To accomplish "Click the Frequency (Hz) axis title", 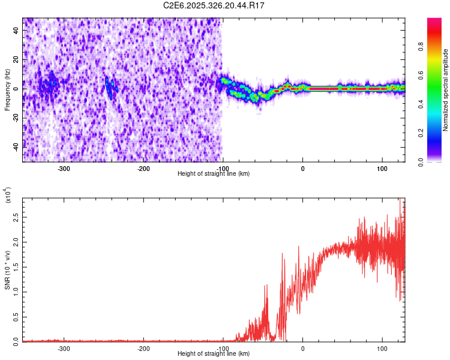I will [7, 90].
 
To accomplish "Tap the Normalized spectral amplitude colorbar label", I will [446, 90].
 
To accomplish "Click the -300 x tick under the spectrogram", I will [64, 169].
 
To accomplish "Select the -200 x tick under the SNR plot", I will [143, 349].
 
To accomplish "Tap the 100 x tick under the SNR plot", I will [382, 349].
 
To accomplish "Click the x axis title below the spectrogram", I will [214, 174].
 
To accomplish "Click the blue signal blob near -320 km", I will [50, 85].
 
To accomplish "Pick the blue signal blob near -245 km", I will [110, 88].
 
